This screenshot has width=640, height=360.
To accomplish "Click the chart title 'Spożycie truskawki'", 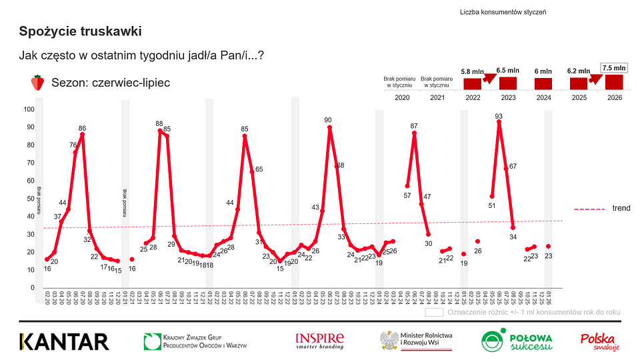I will click(80, 31).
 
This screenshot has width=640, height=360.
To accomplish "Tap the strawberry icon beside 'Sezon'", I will click(37, 83).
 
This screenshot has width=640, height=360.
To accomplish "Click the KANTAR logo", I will click(64, 341).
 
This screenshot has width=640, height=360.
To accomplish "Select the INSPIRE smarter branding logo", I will click(321, 341).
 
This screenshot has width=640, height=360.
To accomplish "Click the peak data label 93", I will click(499, 116).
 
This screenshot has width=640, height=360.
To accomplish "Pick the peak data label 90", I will click(328, 120).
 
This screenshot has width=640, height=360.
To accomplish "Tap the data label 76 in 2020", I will click(72, 145).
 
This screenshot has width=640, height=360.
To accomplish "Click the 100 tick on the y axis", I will click(29, 109).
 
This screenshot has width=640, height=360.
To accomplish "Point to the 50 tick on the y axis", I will click(29, 199).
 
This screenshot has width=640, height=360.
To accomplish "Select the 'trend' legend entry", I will click(621, 209).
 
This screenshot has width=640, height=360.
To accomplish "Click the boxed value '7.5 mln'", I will click(614, 67).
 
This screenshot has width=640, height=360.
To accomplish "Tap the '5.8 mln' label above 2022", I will click(473, 70).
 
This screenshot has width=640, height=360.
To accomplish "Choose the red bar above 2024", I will click(543, 83).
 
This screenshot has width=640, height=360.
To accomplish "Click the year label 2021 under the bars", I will click(438, 97).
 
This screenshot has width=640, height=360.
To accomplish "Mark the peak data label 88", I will click(159, 123).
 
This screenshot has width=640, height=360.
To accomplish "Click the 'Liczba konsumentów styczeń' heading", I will click(503, 13).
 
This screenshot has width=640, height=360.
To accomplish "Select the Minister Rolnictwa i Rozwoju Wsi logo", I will click(417, 341).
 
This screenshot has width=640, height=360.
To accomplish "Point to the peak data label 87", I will click(414, 126).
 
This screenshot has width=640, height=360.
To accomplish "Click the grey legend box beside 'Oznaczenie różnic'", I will click(434, 311).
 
